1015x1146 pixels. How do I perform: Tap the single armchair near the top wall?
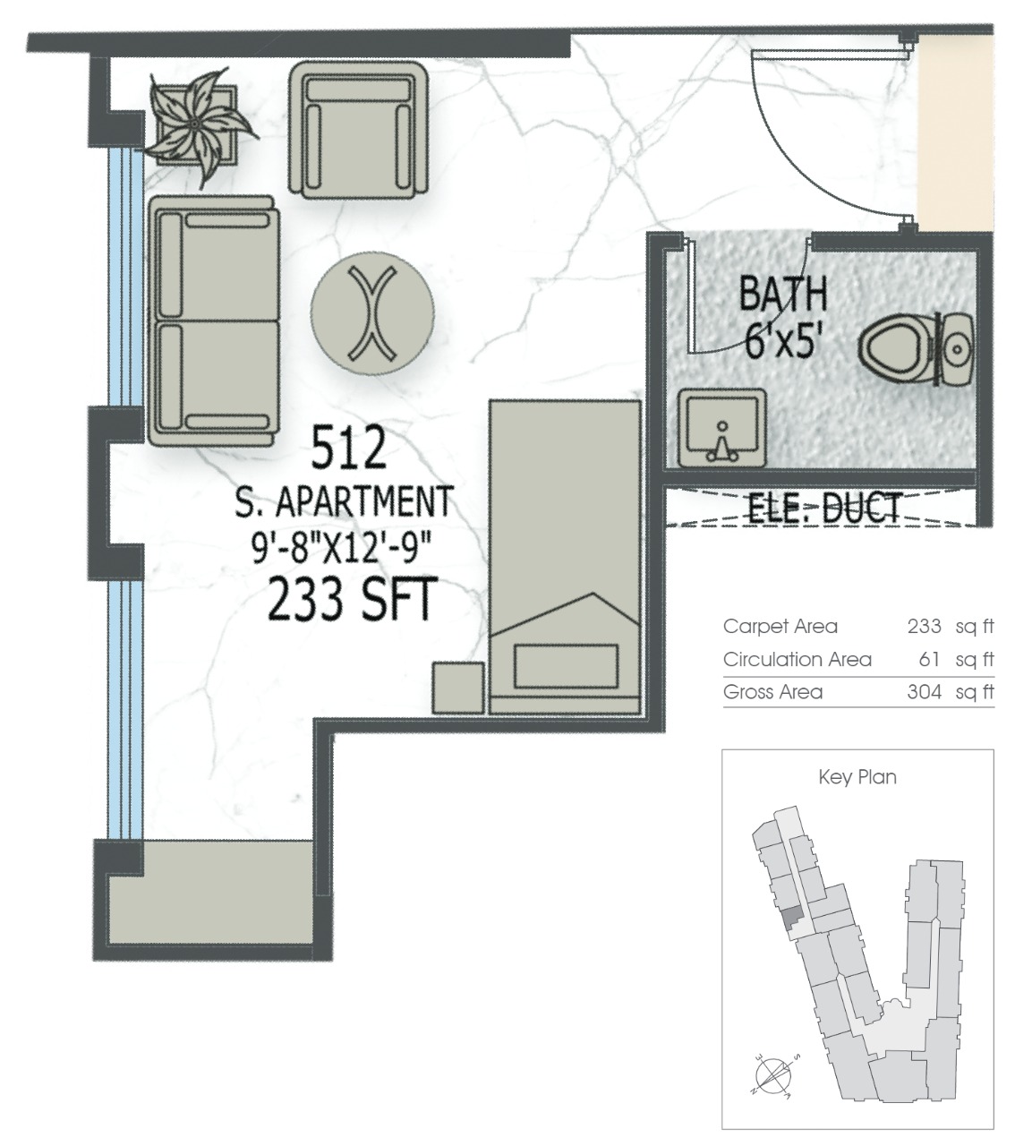pyautogui.click(x=359, y=130)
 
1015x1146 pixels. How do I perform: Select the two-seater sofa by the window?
pyautogui.click(x=214, y=321)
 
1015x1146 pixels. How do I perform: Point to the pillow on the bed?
pyautogui.click(x=566, y=665)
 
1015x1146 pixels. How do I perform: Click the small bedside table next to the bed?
pyautogui.click(x=458, y=688)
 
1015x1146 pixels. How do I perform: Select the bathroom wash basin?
pyautogui.click(x=722, y=428)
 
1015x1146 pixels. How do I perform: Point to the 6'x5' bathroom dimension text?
pyautogui.click(x=782, y=341)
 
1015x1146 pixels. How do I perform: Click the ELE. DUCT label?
pyautogui.click(x=824, y=508)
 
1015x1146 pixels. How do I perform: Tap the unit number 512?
pyautogui.click(x=349, y=448)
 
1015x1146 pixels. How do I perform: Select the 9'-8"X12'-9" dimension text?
pyautogui.click(x=342, y=548)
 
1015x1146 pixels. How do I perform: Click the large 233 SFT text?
pyautogui.click(x=352, y=599)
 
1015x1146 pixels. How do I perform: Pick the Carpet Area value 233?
pyautogui.click(x=925, y=626)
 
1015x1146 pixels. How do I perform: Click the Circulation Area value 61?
pyautogui.click(x=930, y=659)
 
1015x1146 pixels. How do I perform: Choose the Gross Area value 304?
pyautogui.click(x=925, y=692)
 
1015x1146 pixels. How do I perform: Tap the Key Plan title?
pyautogui.click(x=857, y=777)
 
